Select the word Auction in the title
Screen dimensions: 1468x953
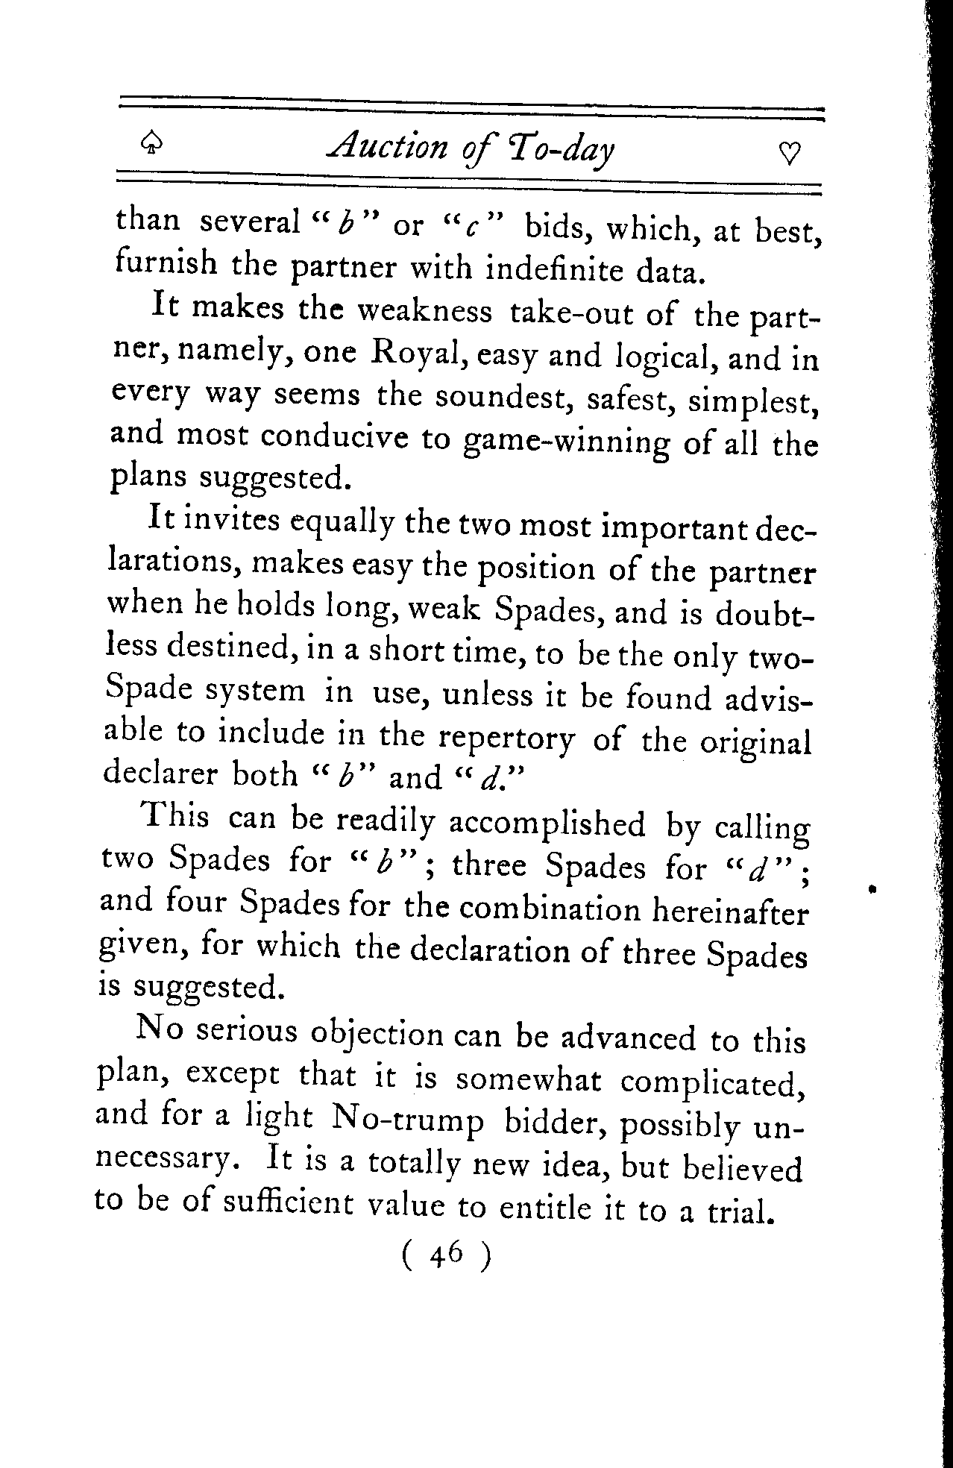(x=386, y=148)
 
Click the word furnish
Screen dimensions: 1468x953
(x=166, y=263)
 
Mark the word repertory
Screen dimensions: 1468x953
(x=506, y=739)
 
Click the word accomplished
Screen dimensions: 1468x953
(x=547, y=823)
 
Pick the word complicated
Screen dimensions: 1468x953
(x=711, y=1083)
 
